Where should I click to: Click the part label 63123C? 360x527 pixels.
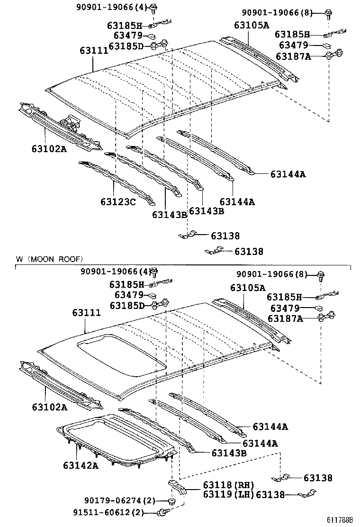point(118,202)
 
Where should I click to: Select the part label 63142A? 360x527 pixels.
point(81,465)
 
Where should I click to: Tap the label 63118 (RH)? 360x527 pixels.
point(228,485)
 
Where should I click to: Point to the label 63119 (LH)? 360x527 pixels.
point(228,494)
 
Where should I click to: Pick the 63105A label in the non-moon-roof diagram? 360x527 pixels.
point(251,25)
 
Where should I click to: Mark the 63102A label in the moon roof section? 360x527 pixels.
point(50,407)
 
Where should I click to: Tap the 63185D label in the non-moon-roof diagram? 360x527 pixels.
point(126,46)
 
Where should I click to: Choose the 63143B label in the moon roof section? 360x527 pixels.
point(229,453)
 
